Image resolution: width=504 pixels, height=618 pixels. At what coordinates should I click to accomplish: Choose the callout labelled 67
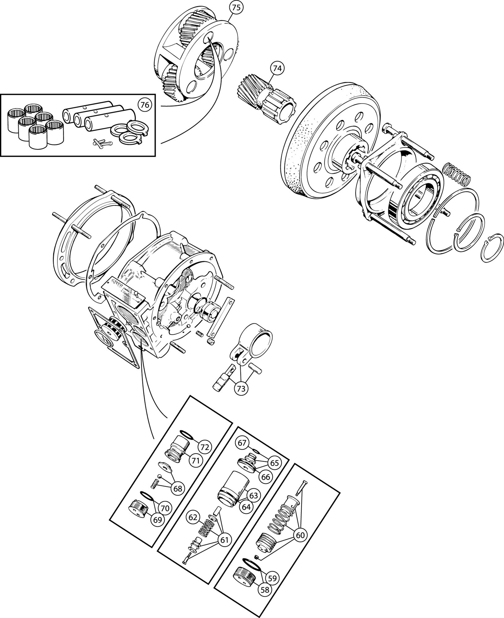pyautogui.click(x=243, y=443)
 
